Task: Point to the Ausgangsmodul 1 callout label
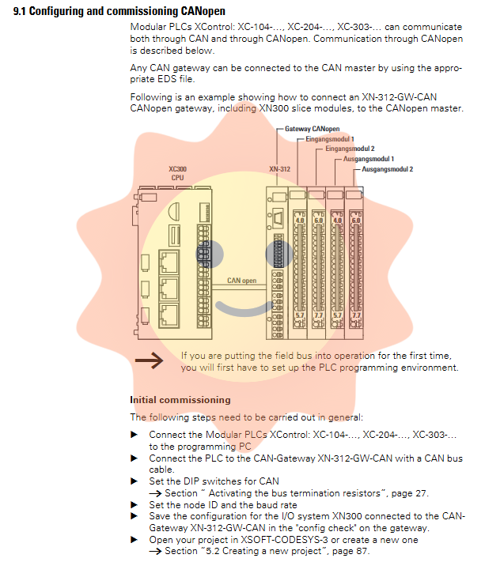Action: click(369, 159)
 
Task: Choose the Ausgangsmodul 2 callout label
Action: click(388, 169)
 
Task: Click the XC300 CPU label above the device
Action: click(178, 173)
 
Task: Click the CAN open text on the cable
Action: click(242, 281)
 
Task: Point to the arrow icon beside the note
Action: click(149, 361)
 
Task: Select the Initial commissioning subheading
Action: click(180, 400)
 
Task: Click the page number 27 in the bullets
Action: click(420, 493)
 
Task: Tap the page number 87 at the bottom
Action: click(361, 551)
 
